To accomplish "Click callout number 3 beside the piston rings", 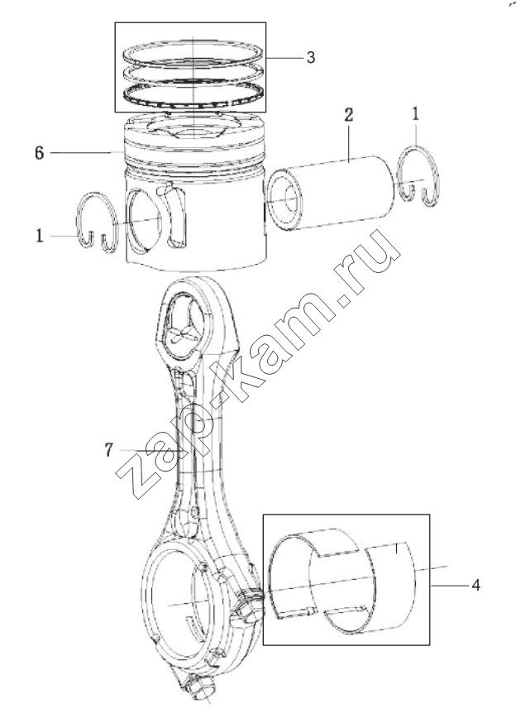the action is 311,58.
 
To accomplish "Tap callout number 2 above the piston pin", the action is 349,115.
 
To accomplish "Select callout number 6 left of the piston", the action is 40,152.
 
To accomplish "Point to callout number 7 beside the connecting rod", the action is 108,449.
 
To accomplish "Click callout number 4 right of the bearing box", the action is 475,585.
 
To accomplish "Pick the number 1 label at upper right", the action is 416,113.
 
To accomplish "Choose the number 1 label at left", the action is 40,236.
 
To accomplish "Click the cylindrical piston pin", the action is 331,193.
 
